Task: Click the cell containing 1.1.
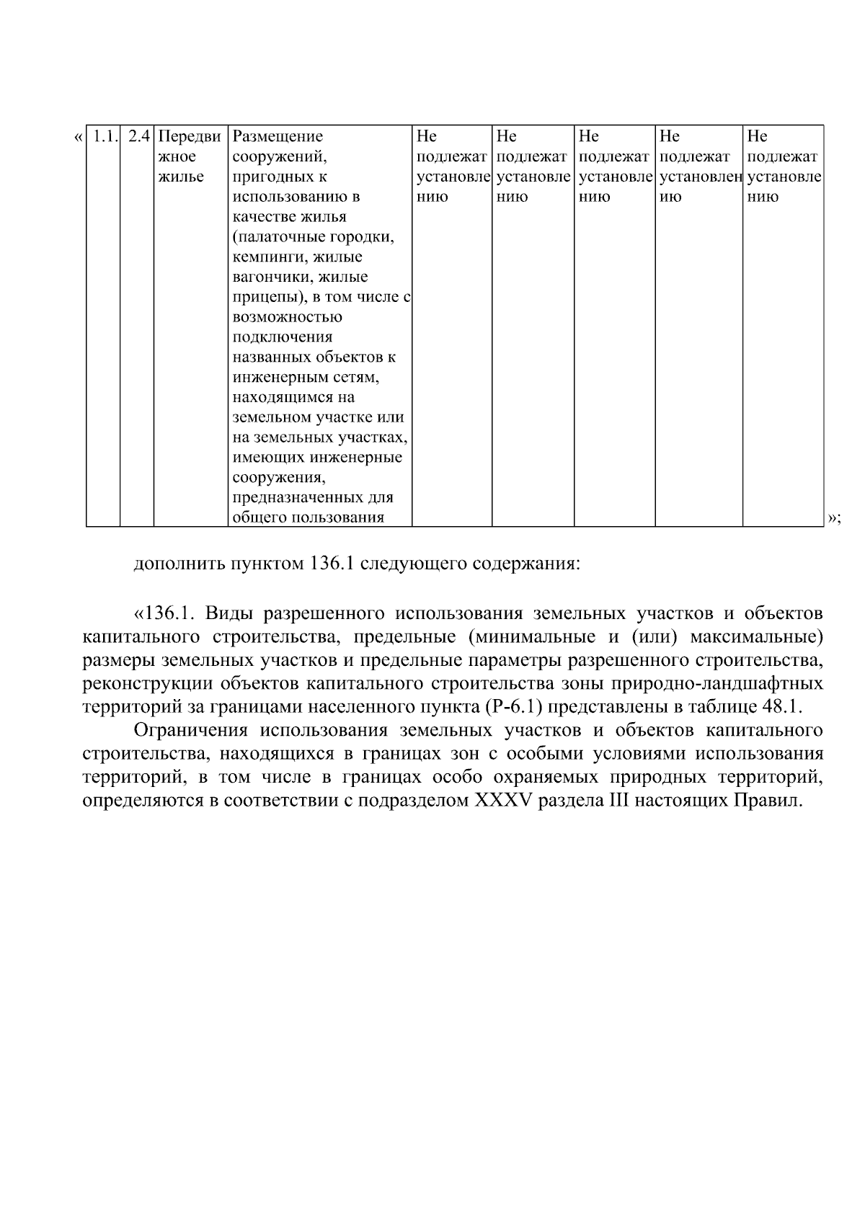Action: [x=104, y=137]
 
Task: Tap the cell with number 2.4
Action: [x=138, y=137]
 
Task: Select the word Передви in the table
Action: [x=190, y=137]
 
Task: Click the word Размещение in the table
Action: [x=278, y=137]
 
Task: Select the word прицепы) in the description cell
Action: [x=265, y=298]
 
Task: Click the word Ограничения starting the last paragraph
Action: [x=192, y=731]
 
